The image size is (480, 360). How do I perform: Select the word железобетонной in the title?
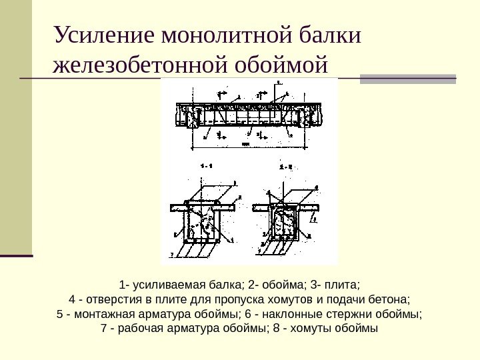pos(138,67)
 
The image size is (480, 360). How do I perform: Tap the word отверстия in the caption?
pos(107,298)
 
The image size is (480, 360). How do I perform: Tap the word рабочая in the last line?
pos(140,329)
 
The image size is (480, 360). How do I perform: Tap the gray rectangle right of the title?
pos(408,79)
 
